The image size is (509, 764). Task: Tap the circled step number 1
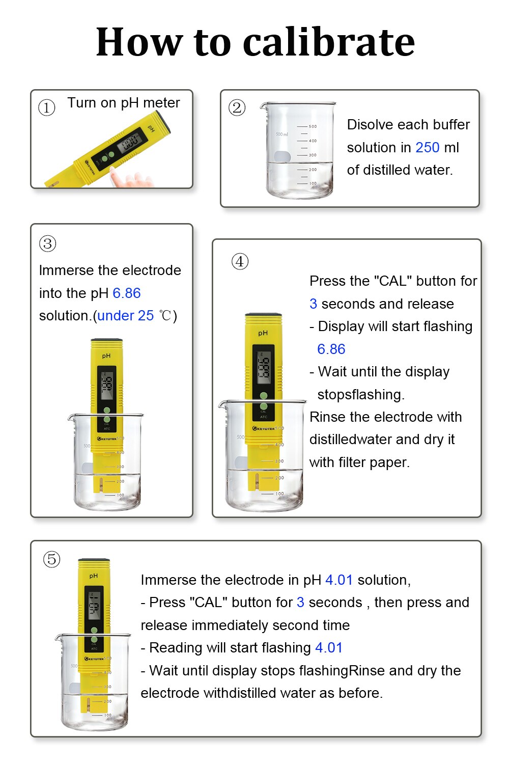(47, 107)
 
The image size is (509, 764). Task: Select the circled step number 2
(237, 107)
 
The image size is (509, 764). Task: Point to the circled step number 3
(47, 243)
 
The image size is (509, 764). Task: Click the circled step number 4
(240, 261)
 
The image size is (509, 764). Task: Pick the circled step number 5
(51, 559)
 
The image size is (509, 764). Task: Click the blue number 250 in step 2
(427, 148)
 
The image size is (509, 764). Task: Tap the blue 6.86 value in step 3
(126, 293)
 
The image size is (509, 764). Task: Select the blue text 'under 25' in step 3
(125, 316)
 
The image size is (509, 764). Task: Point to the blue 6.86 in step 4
(331, 349)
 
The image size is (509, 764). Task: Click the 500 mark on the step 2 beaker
(313, 126)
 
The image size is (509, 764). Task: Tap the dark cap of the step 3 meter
(106, 340)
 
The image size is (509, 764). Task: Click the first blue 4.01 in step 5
(338, 580)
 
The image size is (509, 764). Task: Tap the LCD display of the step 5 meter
(94, 606)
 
